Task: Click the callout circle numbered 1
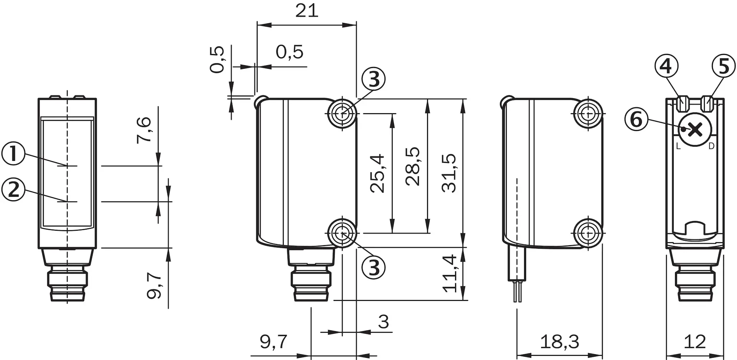pos(13,154)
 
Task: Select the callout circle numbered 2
pos(13,189)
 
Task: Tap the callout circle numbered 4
pos(666,66)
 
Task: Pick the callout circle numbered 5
pos(724,66)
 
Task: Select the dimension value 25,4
pos(377,173)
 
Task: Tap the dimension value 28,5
pos(413,167)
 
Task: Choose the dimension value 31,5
pos(449,173)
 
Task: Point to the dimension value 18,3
pos(559,342)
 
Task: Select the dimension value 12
pos(695,342)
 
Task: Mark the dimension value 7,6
pos(144,130)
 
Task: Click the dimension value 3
pos(383,322)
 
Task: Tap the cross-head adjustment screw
pos(695,130)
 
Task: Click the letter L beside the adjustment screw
pos(678,146)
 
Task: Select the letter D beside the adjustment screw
pos(711,146)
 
